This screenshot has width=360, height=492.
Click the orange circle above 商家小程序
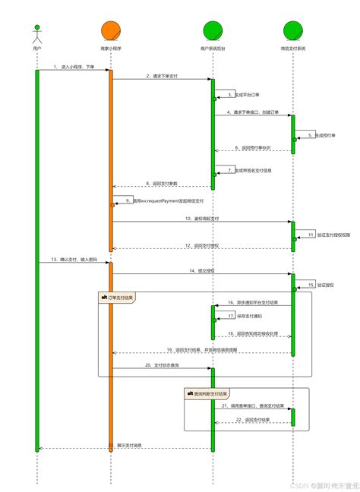111,30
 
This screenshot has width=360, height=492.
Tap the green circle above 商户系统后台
213,30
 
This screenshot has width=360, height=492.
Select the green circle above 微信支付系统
293,30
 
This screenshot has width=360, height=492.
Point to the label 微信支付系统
293,47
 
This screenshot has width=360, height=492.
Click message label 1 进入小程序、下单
75,67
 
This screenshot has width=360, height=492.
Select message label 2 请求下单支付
163,76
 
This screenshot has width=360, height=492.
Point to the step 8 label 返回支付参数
163,183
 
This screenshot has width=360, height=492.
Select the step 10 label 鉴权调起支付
201,218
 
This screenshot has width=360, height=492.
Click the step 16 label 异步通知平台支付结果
254,302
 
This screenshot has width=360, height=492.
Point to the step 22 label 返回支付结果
253,419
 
